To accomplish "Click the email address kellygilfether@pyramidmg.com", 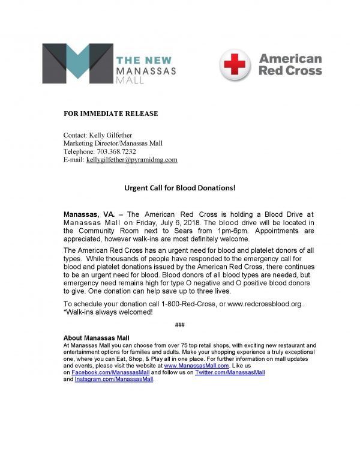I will pyautogui.click(x=132, y=160).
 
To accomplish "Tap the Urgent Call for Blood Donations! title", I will pyautogui.click(x=180, y=188).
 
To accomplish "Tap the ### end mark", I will pyautogui.click(x=179, y=325).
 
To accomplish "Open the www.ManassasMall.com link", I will pyautogui.click(x=197, y=365).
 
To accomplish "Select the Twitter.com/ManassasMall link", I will pyautogui.click(x=230, y=373).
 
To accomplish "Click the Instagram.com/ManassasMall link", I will pyautogui.click(x=114, y=380).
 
